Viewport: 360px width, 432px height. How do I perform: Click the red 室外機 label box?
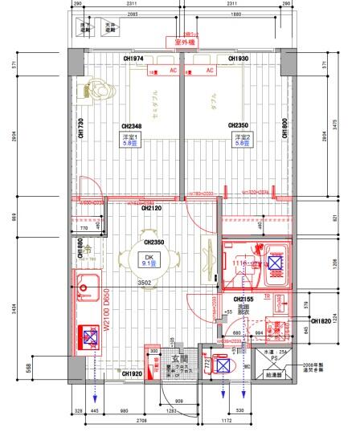click(x=181, y=42)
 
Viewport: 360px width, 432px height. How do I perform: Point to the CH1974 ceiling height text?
click(x=133, y=59)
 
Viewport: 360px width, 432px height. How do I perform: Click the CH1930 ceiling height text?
click(x=238, y=59)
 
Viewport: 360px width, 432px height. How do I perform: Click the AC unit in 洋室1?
click(x=161, y=71)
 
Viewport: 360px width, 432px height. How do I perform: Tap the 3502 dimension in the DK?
click(x=145, y=283)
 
